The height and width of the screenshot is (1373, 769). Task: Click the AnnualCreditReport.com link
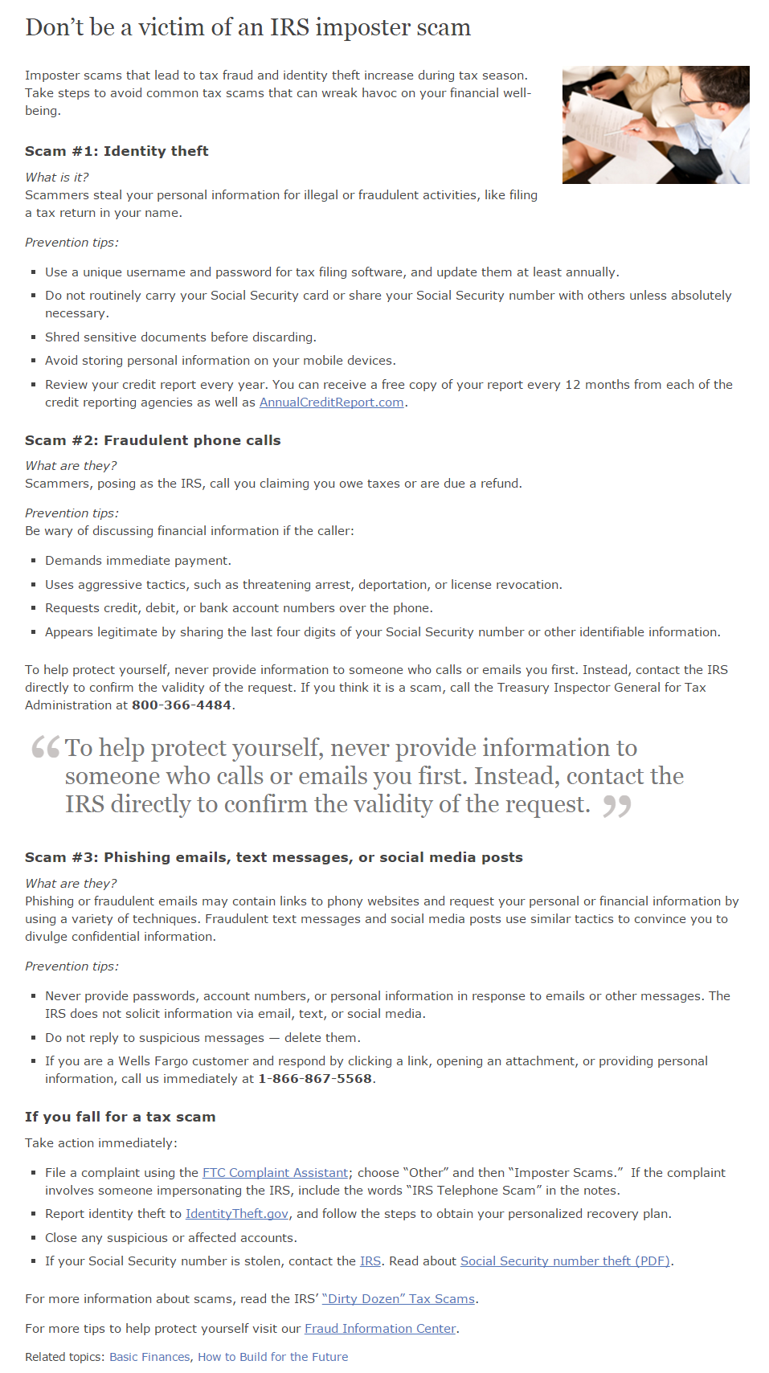(x=331, y=403)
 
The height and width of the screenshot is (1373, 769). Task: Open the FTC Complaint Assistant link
(x=275, y=1173)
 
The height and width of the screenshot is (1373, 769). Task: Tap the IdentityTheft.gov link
(x=236, y=1214)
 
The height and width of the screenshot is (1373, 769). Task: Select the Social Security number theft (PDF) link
(x=565, y=1261)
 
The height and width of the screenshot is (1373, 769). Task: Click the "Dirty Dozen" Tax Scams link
(x=399, y=1299)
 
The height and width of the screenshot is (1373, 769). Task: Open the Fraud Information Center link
(x=380, y=1329)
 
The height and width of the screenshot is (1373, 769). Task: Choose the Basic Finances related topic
(x=149, y=1357)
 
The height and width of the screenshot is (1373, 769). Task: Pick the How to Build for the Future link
(x=272, y=1357)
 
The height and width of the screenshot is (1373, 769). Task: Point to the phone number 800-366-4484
(x=182, y=705)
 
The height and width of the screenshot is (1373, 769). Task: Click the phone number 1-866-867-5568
(x=315, y=1079)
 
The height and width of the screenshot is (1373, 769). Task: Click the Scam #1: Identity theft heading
(x=117, y=151)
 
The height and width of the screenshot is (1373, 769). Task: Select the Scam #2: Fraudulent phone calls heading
(x=153, y=440)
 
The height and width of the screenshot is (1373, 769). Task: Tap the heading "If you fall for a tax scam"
(x=120, y=1117)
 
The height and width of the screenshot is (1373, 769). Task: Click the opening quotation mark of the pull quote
(x=46, y=747)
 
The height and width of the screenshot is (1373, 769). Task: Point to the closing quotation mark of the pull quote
(x=617, y=805)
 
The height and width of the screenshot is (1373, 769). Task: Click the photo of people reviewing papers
(x=656, y=125)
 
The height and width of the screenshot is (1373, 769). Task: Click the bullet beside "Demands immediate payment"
(x=34, y=562)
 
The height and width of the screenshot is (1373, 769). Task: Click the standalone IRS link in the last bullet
(x=370, y=1261)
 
